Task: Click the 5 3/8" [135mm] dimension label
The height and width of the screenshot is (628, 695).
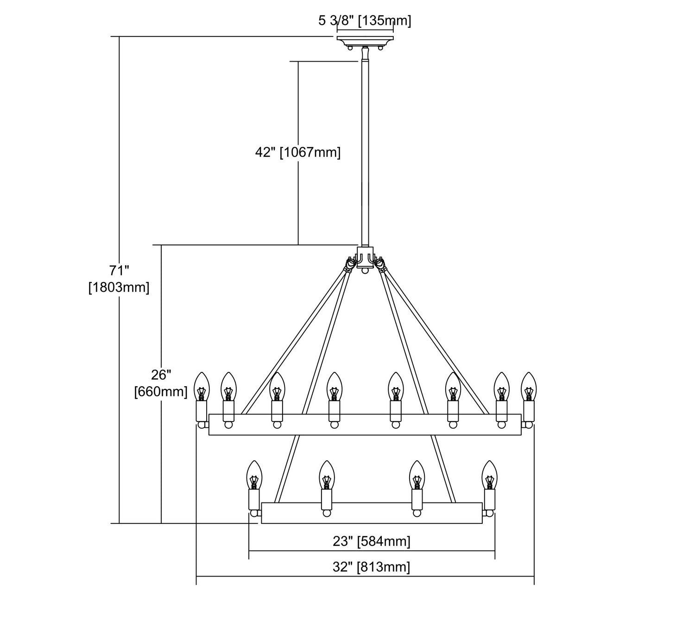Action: click(x=365, y=21)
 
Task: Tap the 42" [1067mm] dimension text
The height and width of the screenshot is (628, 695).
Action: click(x=298, y=152)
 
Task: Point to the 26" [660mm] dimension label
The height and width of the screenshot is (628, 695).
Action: click(x=161, y=383)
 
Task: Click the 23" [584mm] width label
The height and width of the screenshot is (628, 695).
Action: click(x=372, y=541)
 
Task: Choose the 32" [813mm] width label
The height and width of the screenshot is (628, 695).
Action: click(x=371, y=567)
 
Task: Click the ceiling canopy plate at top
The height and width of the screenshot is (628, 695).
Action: click(x=365, y=40)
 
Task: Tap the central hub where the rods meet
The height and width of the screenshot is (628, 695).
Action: click(x=365, y=257)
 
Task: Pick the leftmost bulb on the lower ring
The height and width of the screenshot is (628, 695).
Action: click(x=253, y=476)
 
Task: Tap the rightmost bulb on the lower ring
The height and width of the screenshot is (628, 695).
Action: click(x=489, y=476)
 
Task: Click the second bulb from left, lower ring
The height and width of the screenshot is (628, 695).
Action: click(x=327, y=476)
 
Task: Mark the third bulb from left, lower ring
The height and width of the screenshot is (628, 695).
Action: click(x=417, y=476)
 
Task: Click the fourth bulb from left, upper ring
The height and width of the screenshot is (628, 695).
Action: click(x=334, y=387)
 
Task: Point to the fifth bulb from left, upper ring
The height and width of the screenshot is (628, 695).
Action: click(x=395, y=387)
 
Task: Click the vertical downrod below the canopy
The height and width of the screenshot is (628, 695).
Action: click(x=365, y=153)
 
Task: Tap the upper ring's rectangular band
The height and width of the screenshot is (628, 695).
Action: click(x=365, y=424)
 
